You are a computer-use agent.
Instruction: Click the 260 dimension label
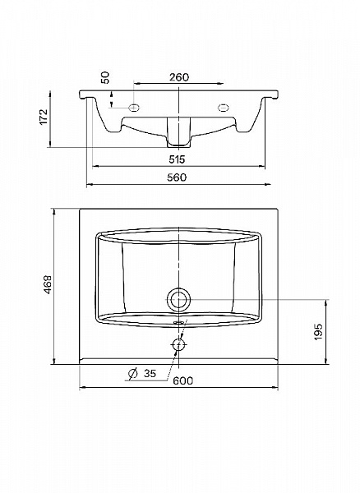(x=179, y=77)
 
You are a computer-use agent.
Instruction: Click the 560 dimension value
(x=177, y=177)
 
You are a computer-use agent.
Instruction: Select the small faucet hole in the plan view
(x=178, y=345)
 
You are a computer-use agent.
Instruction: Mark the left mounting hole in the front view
(x=134, y=108)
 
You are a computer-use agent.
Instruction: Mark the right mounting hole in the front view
(x=222, y=107)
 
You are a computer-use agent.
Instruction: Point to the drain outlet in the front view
(x=178, y=131)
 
